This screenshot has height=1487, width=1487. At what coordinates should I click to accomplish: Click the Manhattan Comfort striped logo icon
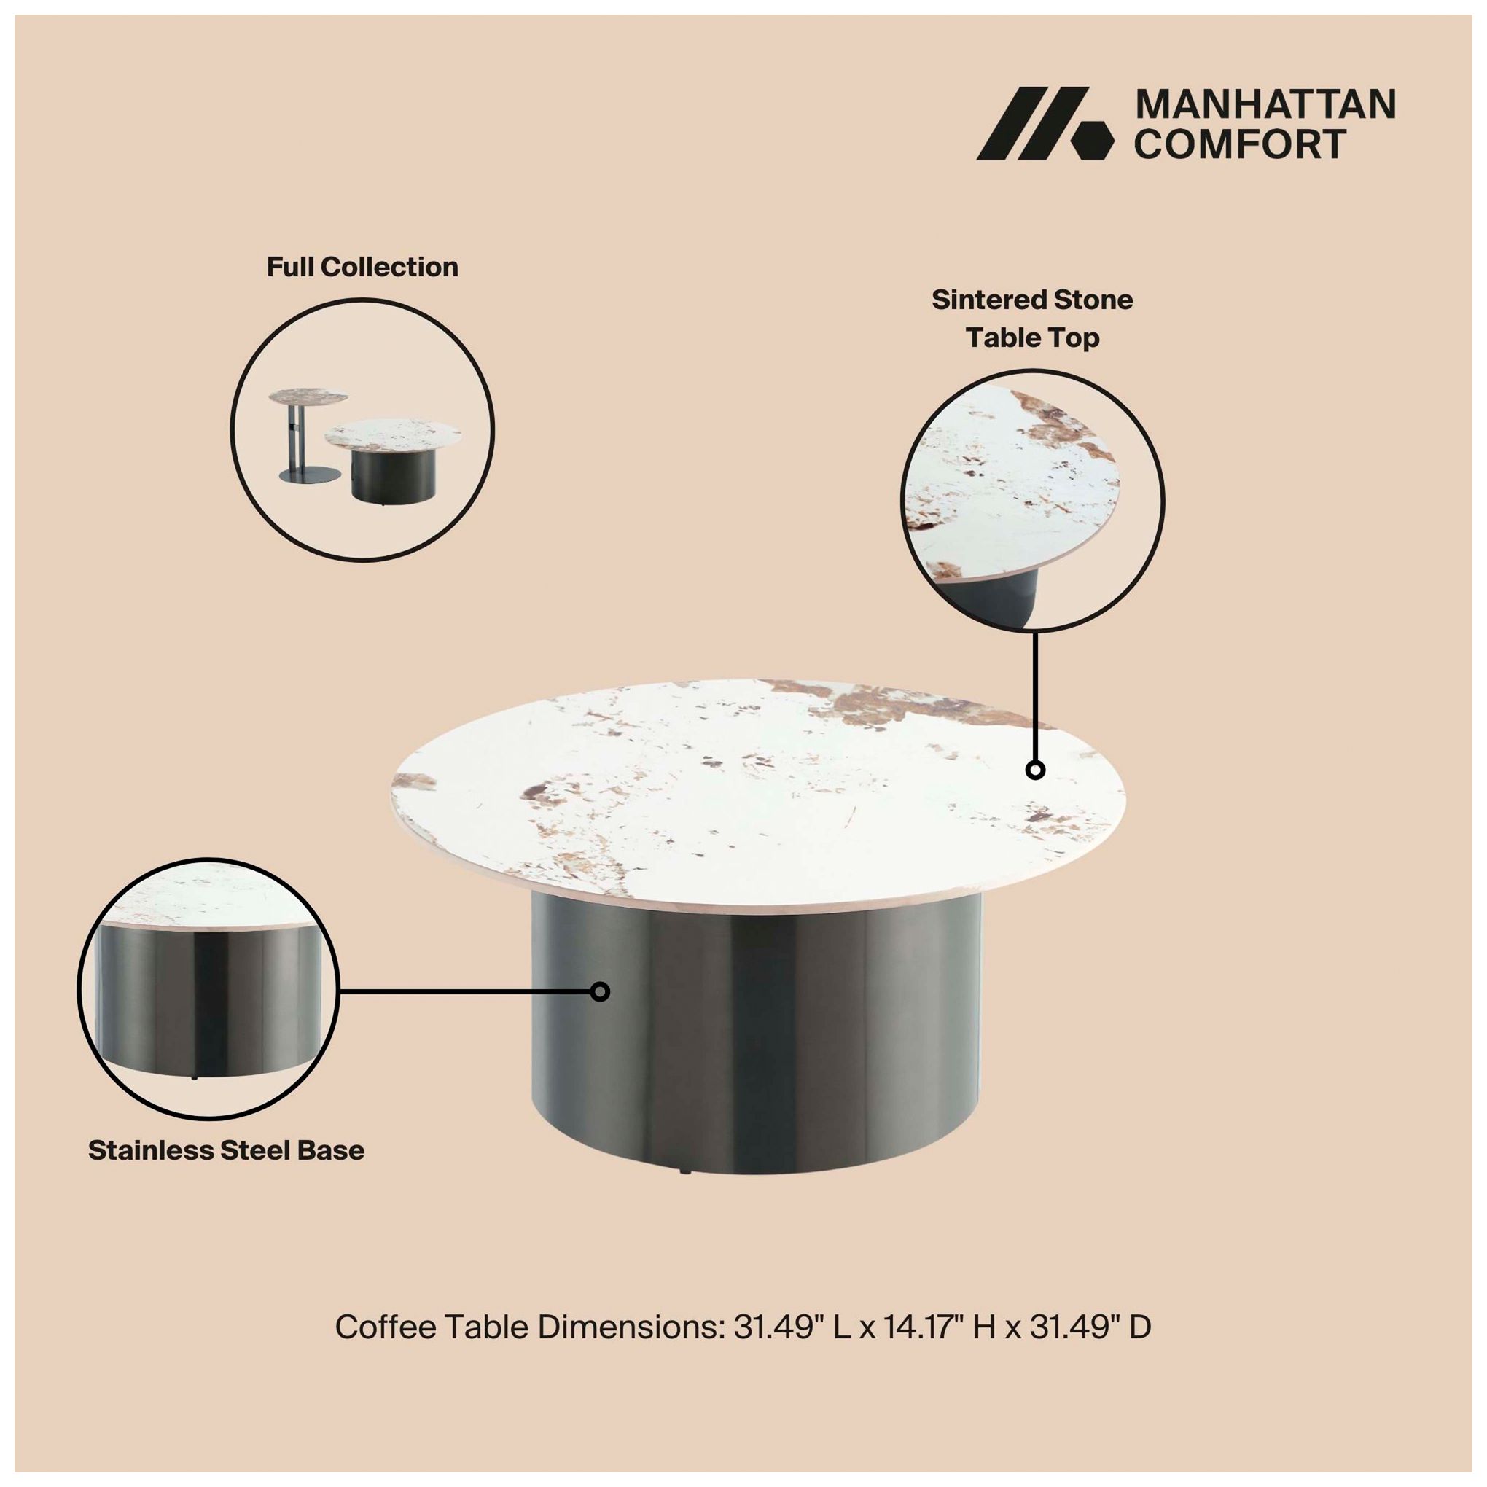tap(1045, 123)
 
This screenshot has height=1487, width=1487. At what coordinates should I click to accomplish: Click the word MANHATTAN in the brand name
tap(1265, 105)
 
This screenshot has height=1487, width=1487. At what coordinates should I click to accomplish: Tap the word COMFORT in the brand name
tap(1241, 144)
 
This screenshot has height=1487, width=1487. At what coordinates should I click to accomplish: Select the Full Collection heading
tap(362, 267)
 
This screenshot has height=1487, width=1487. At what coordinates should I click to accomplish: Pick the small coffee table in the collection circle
tap(393, 462)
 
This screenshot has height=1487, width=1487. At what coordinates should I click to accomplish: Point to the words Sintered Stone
tap(1032, 300)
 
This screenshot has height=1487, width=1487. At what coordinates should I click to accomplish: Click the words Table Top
tap(1032, 338)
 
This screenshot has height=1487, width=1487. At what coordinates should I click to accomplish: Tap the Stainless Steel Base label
tap(226, 1150)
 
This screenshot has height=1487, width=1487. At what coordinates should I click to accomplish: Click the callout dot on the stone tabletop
tap(1035, 770)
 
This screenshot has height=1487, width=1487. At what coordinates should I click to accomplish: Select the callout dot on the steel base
tap(601, 991)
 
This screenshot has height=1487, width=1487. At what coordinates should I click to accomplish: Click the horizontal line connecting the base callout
tap(465, 991)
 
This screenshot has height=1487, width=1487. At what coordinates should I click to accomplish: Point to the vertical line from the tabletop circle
tap(1035, 696)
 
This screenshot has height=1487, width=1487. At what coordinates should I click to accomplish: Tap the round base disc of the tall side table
tap(311, 475)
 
